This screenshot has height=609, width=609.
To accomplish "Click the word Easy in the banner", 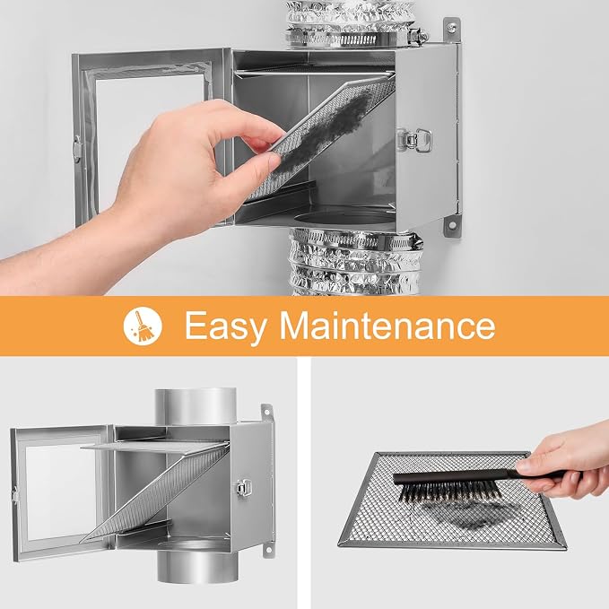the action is (x=225, y=326).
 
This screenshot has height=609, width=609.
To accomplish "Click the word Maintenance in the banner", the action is (x=387, y=325).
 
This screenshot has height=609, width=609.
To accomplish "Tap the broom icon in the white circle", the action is (x=143, y=326).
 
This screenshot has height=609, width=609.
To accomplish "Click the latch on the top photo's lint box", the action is (x=413, y=139).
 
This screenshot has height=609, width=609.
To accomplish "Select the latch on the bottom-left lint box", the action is (x=243, y=487).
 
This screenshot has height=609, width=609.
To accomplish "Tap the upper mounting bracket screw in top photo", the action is (x=451, y=26).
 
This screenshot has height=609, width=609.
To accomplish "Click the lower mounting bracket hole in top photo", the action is (x=452, y=225).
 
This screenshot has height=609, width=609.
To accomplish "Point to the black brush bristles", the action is (x=449, y=493).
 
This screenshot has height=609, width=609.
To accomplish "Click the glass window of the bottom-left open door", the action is (x=61, y=492).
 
